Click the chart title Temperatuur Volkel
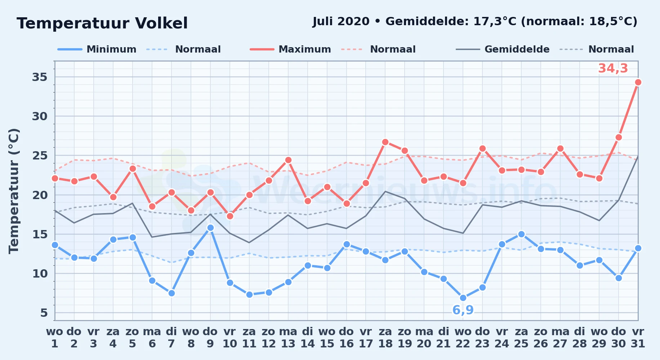click(x=102, y=23)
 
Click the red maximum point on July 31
click(x=638, y=82)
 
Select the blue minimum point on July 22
click(x=463, y=298)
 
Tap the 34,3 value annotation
click(x=613, y=68)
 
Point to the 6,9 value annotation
click(x=463, y=310)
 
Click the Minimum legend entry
click(x=97, y=49)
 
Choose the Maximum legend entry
click(x=290, y=49)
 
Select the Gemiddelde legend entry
click(x=503, y=49)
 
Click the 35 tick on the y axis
click(x=40, y=77)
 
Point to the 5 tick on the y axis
click(x=44, y=313)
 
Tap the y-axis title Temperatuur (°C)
click(x=14, y=191)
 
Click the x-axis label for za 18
click(x=385, y=338)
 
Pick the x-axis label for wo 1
click(x=55, y=338)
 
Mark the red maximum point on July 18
click(x=385, y=142)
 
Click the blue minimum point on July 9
click(x=210, y=228)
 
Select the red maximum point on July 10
click(x=230, y=216)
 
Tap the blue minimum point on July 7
click(x=171, y=293)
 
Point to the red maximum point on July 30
click(x=619, y=137)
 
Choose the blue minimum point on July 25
click(x=521, y=234)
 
